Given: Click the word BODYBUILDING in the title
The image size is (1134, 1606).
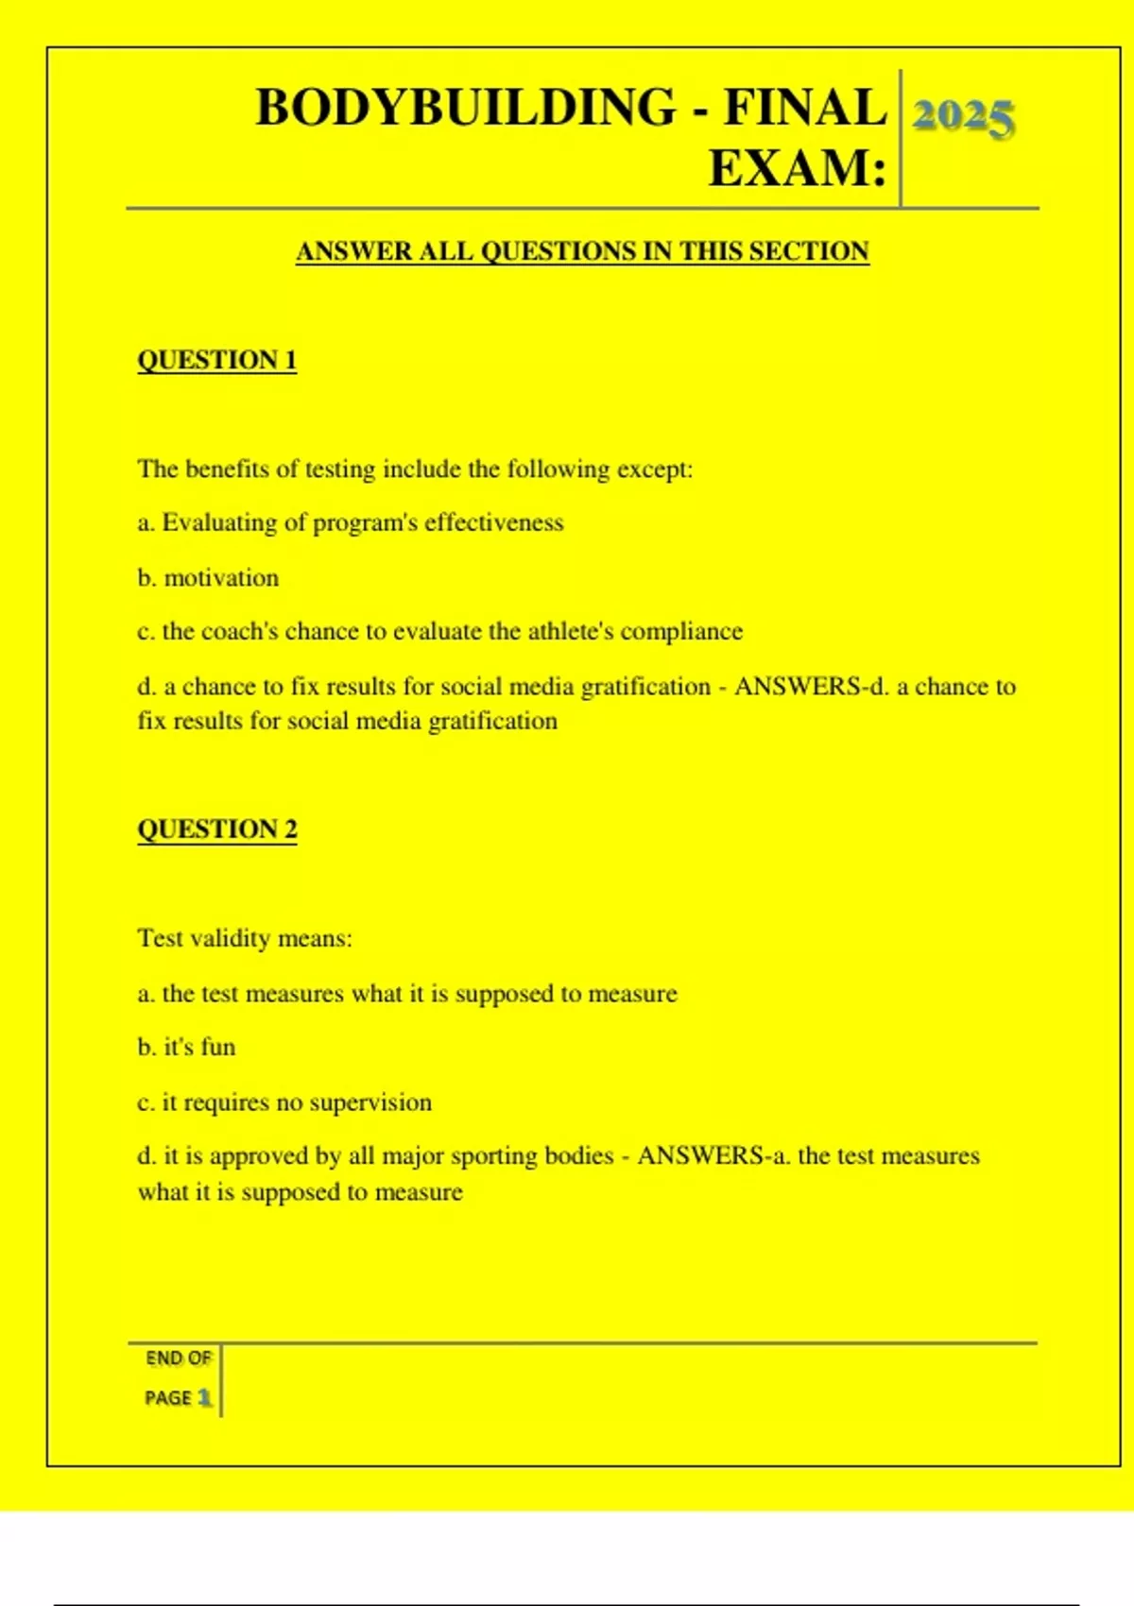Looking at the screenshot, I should [466, 107].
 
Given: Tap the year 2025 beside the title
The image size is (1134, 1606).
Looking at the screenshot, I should [963, 117].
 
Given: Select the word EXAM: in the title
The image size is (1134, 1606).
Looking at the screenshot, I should [798, 169].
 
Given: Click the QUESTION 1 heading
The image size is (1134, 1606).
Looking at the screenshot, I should [216, 360].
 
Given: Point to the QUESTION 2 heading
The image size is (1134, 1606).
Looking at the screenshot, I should [216, 829].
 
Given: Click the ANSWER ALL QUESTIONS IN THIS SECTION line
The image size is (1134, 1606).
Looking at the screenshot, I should [582, 251].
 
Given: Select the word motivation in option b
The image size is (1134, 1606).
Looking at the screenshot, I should [221, 577].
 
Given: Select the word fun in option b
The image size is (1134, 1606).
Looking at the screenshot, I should [217, 1047].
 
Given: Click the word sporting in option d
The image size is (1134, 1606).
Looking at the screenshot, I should [497, 1156].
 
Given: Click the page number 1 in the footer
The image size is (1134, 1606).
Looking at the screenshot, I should [204, 1397].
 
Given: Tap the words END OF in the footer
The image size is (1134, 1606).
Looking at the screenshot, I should [179, 1358].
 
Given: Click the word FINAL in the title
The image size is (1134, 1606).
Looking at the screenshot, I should [805, 107].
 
